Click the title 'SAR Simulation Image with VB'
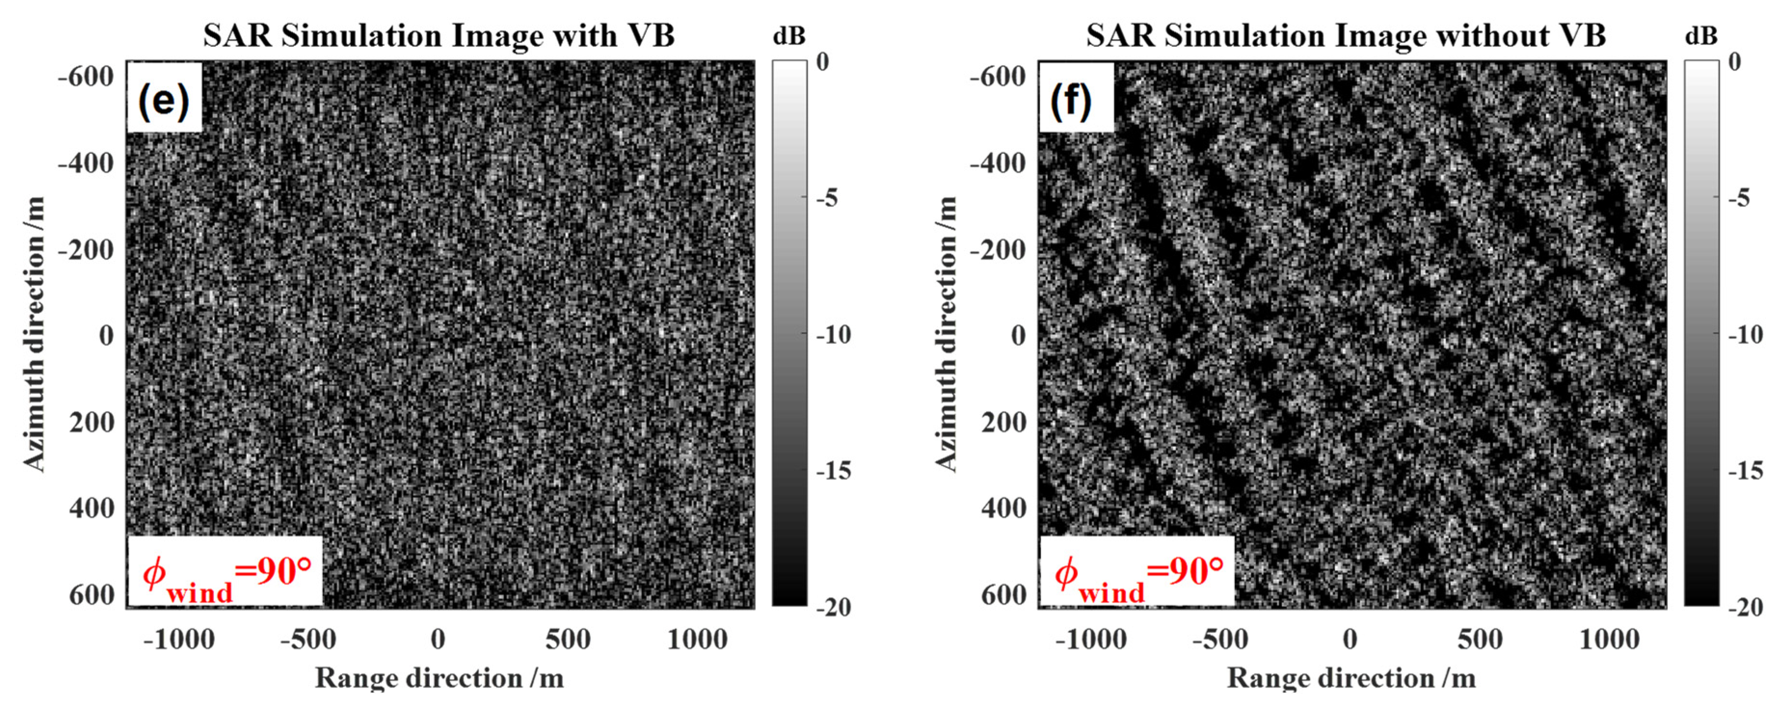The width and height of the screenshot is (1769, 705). (439, 36)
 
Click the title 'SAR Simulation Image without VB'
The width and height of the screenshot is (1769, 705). (1345, 36)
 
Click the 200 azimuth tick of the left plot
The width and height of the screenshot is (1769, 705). (92, 422)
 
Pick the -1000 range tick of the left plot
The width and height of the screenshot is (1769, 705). (179, 640)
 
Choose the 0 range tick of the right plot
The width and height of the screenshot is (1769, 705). (1350, 640)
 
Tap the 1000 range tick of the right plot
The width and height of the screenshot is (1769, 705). (1609, 640)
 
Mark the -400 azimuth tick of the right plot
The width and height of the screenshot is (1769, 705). (998, 163)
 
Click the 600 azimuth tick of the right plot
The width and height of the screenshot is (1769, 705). (1003, 595)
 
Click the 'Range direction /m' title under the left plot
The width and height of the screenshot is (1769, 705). (439, 678)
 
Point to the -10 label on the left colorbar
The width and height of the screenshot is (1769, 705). (834, 335)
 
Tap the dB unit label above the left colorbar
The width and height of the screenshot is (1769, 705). (789, 36)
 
